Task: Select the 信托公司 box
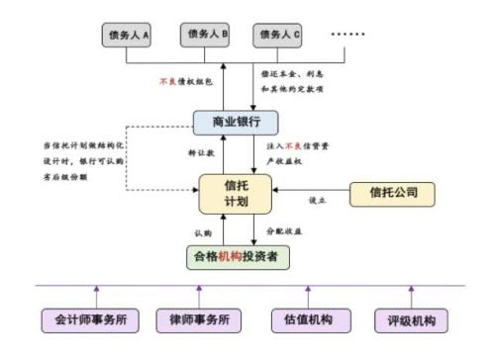[x=393, y=192]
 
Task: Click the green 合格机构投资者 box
[x=242, y=255]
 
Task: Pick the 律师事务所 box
[x=198, y=320]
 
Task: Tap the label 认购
[x=203, y=231]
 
